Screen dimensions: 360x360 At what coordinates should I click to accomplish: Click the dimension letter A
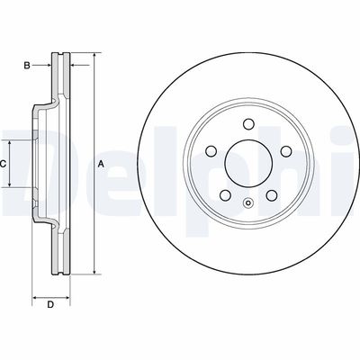click(x=102, y=164)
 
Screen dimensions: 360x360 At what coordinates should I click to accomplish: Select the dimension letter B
click(x=28, y=66)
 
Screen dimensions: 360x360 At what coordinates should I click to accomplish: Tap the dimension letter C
click(x=4, y=163)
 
